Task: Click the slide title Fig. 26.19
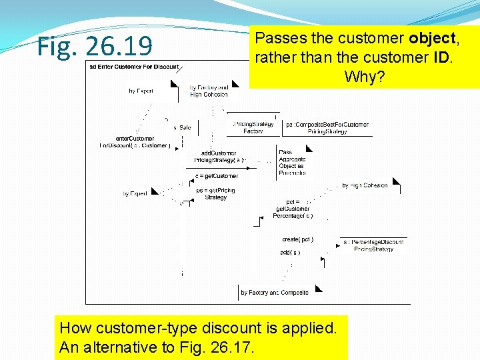[95, 46]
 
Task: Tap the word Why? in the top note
[364, 77]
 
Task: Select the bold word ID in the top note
[441, 57]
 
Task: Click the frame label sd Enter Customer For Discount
[133, 67]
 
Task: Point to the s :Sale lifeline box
[182, 127]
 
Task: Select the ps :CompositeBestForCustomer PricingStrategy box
[327, 127]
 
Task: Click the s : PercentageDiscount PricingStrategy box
[373, 245]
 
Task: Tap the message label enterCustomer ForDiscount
[135, 142]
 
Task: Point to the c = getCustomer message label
[216, 176]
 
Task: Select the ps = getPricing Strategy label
[215, 193]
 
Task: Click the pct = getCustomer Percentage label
[293, 209]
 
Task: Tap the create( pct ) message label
[297, 239]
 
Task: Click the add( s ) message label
[290, 252]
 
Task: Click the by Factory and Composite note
[275, 292]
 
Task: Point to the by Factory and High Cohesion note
[209, 91]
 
